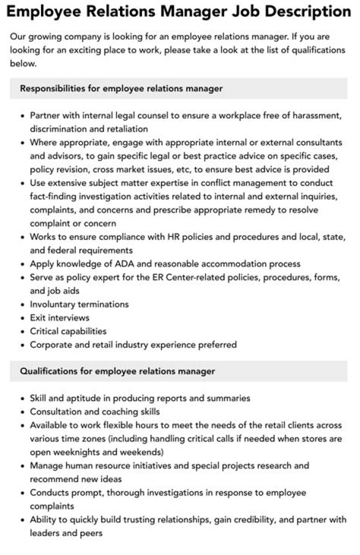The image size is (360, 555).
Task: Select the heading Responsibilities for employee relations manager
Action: point(121,88)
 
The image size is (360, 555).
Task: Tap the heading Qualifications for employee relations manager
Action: point(117,371)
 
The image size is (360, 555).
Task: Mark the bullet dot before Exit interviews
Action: point(23,318)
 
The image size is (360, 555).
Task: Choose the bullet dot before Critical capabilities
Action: point(23,331)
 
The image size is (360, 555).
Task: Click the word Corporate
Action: point(49,344)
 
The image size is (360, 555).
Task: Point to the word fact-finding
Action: point(54,196)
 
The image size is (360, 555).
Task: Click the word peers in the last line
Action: point(90,533)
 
